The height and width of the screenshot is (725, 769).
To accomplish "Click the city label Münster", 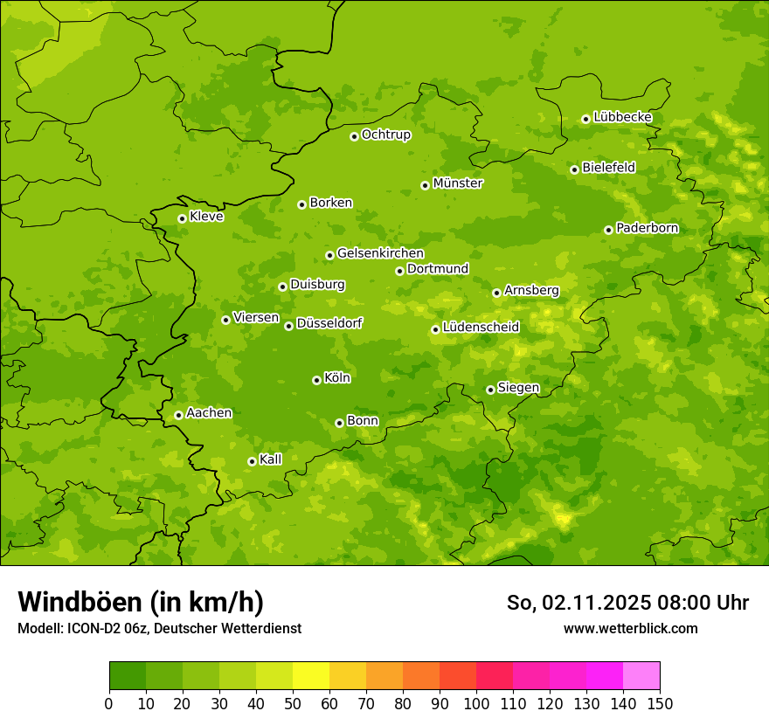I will click(458, 183).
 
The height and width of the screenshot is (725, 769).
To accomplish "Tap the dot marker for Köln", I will click(316, 380).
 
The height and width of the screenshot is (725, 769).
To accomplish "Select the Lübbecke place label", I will click(622, 117).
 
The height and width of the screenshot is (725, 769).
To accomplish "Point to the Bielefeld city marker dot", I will click(574, 169).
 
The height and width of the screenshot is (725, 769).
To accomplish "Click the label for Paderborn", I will click(647, 228).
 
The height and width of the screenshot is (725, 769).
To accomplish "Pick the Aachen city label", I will click(209, 413).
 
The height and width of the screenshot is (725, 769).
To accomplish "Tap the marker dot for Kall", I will click(252, 461).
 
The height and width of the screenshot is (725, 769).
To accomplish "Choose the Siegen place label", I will click(518, 388).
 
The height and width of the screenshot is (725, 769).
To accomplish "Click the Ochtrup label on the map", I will click(385, 135).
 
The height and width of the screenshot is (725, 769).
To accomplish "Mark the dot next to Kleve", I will click(182, 218).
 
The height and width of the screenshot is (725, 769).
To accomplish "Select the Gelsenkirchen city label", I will click(380, 253).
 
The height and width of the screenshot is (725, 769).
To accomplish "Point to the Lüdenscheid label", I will click(481, 328).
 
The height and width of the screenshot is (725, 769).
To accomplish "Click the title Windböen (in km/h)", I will click(141, 602).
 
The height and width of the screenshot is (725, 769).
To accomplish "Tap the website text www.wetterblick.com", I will click(630, 628).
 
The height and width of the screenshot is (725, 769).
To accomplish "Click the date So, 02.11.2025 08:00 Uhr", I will click(627, 603).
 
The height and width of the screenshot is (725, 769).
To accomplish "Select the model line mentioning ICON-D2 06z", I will click(159, 628).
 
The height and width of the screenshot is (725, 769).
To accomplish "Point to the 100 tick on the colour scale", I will click(476, 703).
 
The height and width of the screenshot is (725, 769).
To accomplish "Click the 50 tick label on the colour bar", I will click(293, 703).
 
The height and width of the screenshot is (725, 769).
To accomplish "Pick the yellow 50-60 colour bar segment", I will click(311, 675).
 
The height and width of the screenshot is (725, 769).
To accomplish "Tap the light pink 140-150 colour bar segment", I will click(641, 675).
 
